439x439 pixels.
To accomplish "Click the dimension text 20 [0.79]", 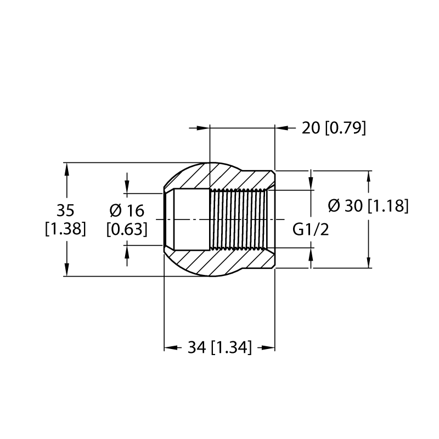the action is [334, 128].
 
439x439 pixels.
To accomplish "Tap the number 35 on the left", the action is [65, 210].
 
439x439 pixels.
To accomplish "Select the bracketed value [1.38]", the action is [65, 229].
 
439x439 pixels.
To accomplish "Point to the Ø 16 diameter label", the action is [127, 211].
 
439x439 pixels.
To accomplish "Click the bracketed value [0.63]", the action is [127, 229].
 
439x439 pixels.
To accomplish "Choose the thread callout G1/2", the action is [311, 229].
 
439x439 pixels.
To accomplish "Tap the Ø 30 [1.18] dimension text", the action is [368, 206].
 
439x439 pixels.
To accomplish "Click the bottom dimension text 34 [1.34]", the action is [220, 347].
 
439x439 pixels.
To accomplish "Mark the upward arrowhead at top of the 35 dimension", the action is [66, 169].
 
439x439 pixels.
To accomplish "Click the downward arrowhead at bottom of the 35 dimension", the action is [66, 269].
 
